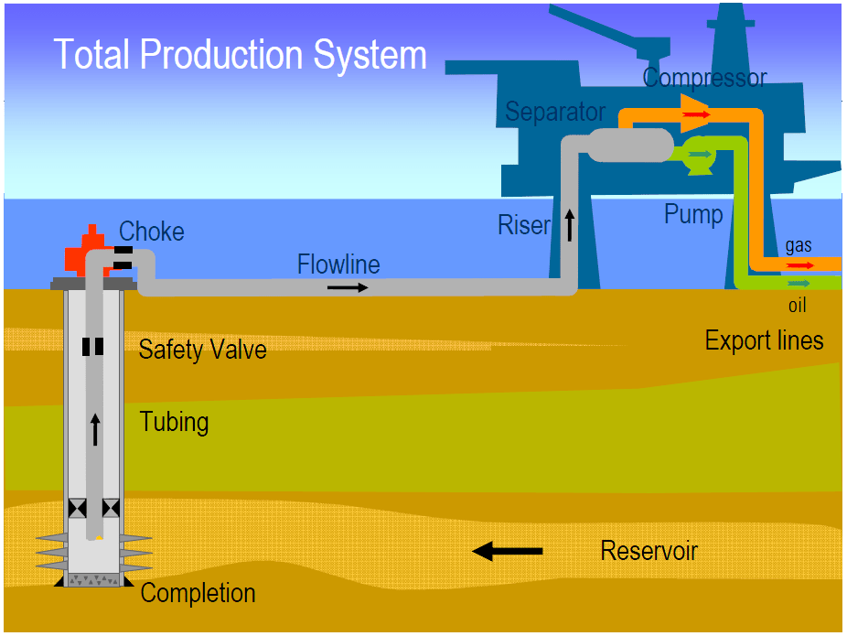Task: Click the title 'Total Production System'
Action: pyautogui.click(x=241, y=55)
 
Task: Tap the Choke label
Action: pyautogui.click(x=152, y=232)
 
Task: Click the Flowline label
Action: pyautogui.click(x=338, y=264)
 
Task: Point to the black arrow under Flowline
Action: pyautogui.click(x=348, y=287)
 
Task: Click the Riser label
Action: pyautogui.click(x=524, y=225)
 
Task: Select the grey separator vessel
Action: pyautogui.click(x=627, y=145)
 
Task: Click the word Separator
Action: pyautogui.click(x=555, y=112)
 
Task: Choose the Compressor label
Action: pyautogui.click(x=704, y=78)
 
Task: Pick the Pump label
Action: pyautogui.click(x=693, y=215)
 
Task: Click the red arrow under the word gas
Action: pyautogui.click(x=799, y=265)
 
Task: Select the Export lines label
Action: pyautogui.click(x=764, y=341)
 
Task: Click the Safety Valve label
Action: pyautogui.click(x=202, y=350)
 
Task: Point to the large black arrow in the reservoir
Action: pyautogui.click(x=508, y=551)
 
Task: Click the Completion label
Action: pyautogui.click(x=198, y=593)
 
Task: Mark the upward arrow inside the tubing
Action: pyautogui.click(x=93, y=427)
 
